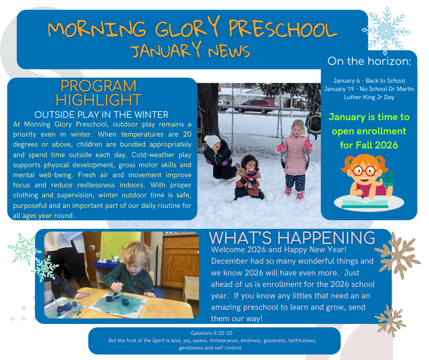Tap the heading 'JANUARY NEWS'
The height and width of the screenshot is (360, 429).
190,50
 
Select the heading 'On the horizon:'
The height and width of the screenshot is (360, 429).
369,61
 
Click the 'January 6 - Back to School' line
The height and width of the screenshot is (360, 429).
369,81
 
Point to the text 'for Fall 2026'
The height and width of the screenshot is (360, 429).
369,145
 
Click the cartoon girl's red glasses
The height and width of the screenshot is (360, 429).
364,170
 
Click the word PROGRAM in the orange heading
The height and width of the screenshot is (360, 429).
99,86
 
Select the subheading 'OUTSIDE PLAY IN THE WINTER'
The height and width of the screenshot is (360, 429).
101,114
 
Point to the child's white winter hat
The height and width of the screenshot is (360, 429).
212,140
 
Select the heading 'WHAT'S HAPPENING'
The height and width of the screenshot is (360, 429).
292,238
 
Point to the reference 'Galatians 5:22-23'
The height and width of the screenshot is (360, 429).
212,334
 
